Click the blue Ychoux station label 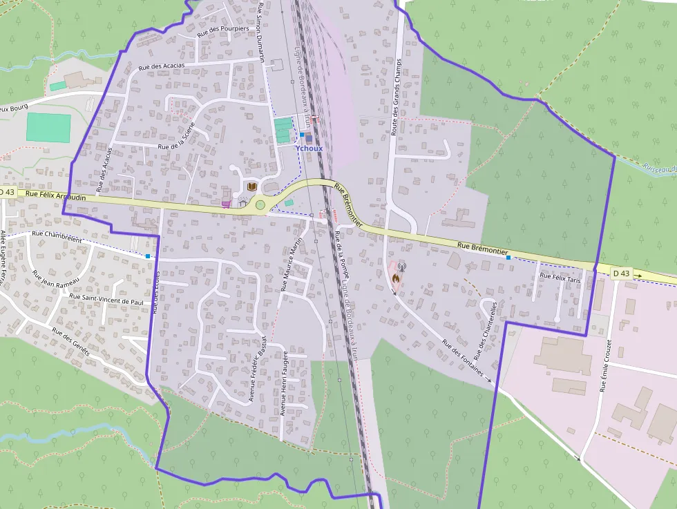(x=309, y=148)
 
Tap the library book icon (x=252, y=187)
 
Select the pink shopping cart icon (x=226, y=204)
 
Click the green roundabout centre (x=260, y=204)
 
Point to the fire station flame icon (x=395, y=279)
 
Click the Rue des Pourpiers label (x=222, y=30)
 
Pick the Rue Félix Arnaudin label (x=55, y=196)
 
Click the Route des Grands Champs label (x=397, y=97)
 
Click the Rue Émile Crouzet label (x=606, y=365)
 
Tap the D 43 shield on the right (x=621, y=273)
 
